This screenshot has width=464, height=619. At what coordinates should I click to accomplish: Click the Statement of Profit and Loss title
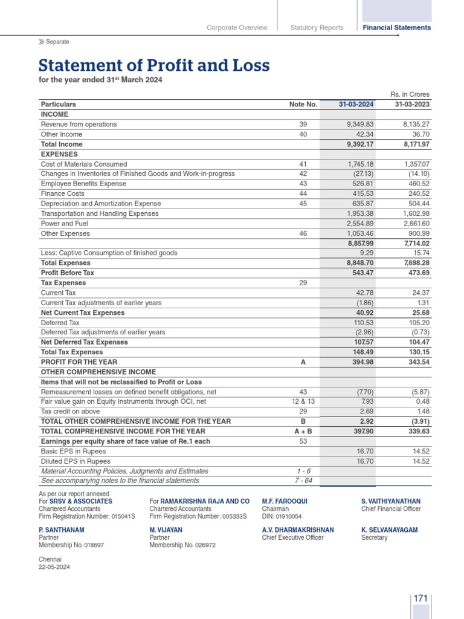tap(154, 65)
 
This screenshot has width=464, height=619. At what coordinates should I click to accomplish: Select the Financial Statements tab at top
tap(396, 28)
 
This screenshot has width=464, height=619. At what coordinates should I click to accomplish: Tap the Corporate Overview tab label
tap(237, 28)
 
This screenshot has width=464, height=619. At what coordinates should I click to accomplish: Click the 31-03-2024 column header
tap(356, 105)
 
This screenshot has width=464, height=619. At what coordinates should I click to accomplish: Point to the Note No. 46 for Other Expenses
tap(303, 233)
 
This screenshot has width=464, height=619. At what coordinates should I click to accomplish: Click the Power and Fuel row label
tap(65, 224)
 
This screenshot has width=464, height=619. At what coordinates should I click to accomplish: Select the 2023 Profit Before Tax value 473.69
tap(416, 273)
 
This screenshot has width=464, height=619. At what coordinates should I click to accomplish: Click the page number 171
tap(420, 598)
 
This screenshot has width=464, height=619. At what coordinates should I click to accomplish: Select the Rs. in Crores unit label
tap(410, 94)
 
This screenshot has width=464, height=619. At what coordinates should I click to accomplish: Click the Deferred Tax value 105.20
tap(417, 323)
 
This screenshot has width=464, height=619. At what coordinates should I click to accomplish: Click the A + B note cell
tap(303, 432)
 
